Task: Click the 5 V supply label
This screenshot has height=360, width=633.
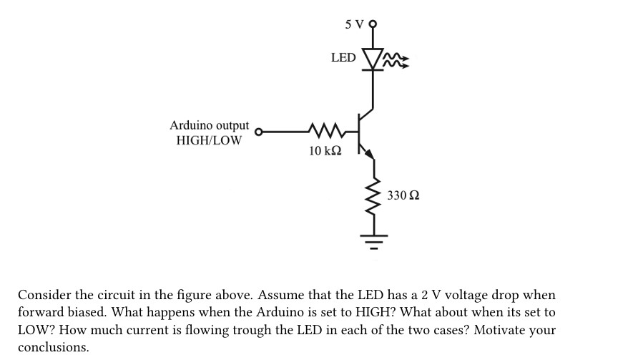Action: pyautogui.click(x=354, y=24)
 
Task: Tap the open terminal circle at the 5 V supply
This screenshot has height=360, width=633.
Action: pyautogui.click(x=372, y=24)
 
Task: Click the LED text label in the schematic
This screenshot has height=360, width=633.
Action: pyautogui.click(x=343, y=57)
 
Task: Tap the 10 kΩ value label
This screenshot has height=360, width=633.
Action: pyautogui.click(x=325, y=151)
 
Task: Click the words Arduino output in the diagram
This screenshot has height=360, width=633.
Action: pyautogui.click(x=210, y=125)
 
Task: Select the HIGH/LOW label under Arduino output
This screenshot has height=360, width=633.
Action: pyautogui.click(x=209, y=140)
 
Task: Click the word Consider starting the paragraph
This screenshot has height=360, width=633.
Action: pyautogui.click(x=43, y=295)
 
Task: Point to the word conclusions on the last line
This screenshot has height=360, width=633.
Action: pyautogui.click(x=53, y=347)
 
